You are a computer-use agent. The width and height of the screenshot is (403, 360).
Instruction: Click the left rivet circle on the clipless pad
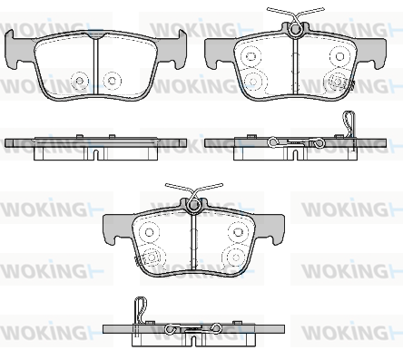click(80, 81)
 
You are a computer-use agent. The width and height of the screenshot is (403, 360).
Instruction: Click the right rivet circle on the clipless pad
click(113, 81)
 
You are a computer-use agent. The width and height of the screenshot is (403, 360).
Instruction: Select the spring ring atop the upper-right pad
click(296, 29)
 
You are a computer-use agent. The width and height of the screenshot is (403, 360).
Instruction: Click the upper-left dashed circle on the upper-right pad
click(251, 56)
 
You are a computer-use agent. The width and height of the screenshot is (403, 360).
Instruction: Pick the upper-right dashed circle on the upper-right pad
click(339, 56)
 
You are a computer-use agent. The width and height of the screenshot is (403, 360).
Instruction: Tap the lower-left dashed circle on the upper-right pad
click(253, 82)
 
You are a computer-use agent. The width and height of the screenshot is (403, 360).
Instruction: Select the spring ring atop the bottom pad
click(193, 206)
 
